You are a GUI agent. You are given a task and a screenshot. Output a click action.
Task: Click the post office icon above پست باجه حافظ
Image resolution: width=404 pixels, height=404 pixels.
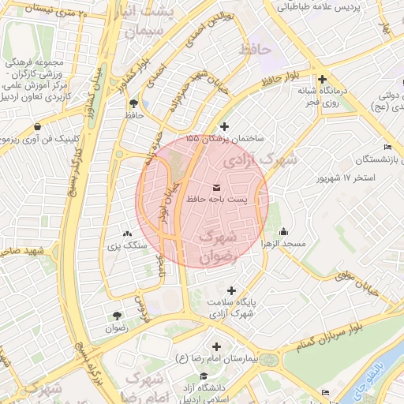pos(217,187)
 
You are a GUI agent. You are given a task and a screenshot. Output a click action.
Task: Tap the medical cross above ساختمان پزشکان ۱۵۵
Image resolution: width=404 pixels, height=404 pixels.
pos(224,126)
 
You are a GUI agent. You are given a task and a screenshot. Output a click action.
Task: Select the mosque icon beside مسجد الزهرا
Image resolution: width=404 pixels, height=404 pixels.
pos(283,231)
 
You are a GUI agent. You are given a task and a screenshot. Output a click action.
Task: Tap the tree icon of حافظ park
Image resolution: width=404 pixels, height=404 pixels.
pos(133,103)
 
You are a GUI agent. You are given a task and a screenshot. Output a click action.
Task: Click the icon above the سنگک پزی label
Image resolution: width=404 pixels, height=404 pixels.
pos(127,234)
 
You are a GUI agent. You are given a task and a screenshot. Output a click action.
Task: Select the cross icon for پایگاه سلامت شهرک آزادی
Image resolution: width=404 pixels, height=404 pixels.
pos(230,290)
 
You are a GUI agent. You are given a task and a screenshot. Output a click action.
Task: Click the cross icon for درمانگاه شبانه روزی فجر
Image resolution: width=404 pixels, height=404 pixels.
pos(323,79)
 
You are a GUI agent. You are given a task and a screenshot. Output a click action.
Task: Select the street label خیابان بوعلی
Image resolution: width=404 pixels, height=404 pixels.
pos(357,282)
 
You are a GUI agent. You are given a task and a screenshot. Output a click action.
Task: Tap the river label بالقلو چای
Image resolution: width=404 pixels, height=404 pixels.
pos(388,368)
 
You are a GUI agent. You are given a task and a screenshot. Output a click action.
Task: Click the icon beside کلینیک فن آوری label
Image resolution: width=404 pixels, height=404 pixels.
pos(38,127)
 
